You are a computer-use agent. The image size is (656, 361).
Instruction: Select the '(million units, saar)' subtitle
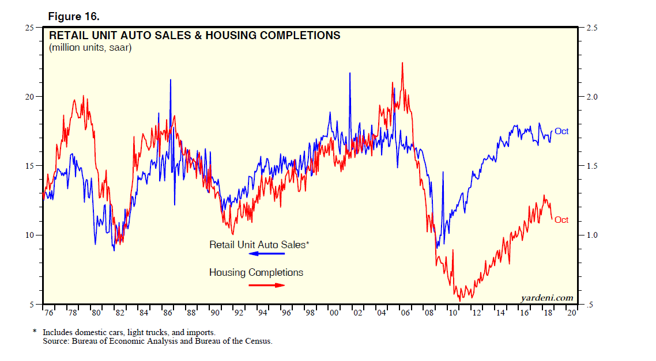click(91, 48)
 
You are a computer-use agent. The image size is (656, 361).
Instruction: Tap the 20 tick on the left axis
click(30, 97)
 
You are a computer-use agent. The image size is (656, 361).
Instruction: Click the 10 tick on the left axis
click(30, 235)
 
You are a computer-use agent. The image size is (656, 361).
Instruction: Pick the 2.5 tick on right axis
click(593, 27)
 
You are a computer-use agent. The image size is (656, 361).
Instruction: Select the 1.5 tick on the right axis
click(593, 166)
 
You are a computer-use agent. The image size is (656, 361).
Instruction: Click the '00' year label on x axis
click(334, 313)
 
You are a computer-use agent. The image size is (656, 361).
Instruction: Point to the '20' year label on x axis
click(571, 313)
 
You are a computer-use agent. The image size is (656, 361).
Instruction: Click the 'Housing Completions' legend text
click(256, 272)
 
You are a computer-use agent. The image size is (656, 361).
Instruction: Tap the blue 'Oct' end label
click(561, 131)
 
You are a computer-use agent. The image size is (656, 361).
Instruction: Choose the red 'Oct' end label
click(561, 220)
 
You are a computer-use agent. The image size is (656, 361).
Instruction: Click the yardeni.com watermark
click(546, 298)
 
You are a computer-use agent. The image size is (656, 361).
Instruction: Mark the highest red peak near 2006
click(402, 63)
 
